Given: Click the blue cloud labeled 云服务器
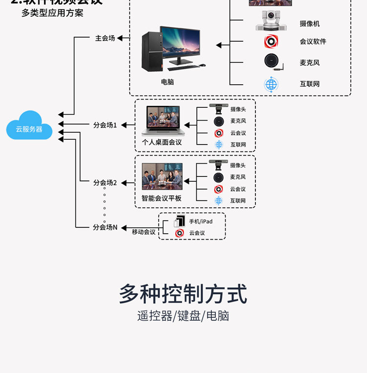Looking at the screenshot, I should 29,126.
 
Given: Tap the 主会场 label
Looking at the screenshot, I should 105,38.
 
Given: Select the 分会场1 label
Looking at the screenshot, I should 105,125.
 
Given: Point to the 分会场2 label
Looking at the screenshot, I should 105,183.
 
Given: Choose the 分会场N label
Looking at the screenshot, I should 105,227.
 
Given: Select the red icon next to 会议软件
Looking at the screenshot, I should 271,42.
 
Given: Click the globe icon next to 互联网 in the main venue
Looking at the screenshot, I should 271,84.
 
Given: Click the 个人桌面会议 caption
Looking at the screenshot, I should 161,142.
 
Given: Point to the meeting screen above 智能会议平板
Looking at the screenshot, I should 162,176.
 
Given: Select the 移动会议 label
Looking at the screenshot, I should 143,232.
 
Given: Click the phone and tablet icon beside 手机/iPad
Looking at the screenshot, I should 180,221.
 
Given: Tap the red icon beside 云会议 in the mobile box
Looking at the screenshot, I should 180,233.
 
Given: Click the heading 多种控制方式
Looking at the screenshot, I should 183,294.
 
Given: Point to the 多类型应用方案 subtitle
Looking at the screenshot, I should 52,13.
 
